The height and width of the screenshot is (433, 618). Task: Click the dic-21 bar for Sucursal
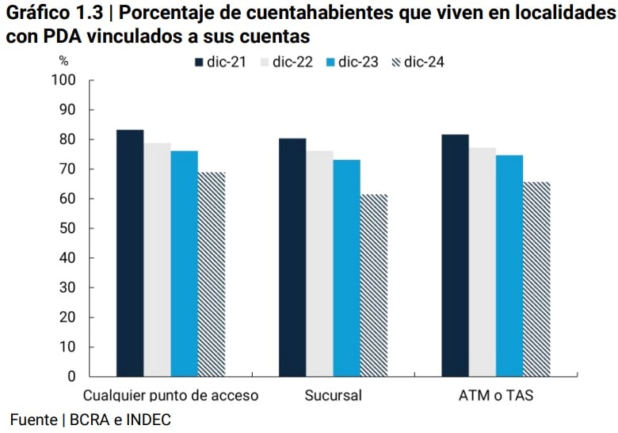[x=292, y=257]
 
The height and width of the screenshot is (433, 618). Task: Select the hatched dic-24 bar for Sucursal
[x=374, y=285]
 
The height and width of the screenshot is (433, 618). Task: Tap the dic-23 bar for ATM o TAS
[x=509, y=265]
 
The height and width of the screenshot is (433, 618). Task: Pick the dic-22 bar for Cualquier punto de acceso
[x=157, y=259]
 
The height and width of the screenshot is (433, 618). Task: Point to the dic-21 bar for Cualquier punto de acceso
[x=130, y=253]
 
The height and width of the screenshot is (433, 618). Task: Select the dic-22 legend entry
[x=285, y=63]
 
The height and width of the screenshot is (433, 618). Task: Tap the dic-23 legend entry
[x=351, y=63]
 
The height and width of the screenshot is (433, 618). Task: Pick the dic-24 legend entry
[x=418, y=63]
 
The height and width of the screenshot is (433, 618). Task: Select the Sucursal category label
[x=333, y=395]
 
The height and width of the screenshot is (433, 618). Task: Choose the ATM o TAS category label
[x=496, y=395]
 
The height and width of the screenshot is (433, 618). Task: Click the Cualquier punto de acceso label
[x=171, y=395]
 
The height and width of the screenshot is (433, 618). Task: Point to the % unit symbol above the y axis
[x=63, y=61]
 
